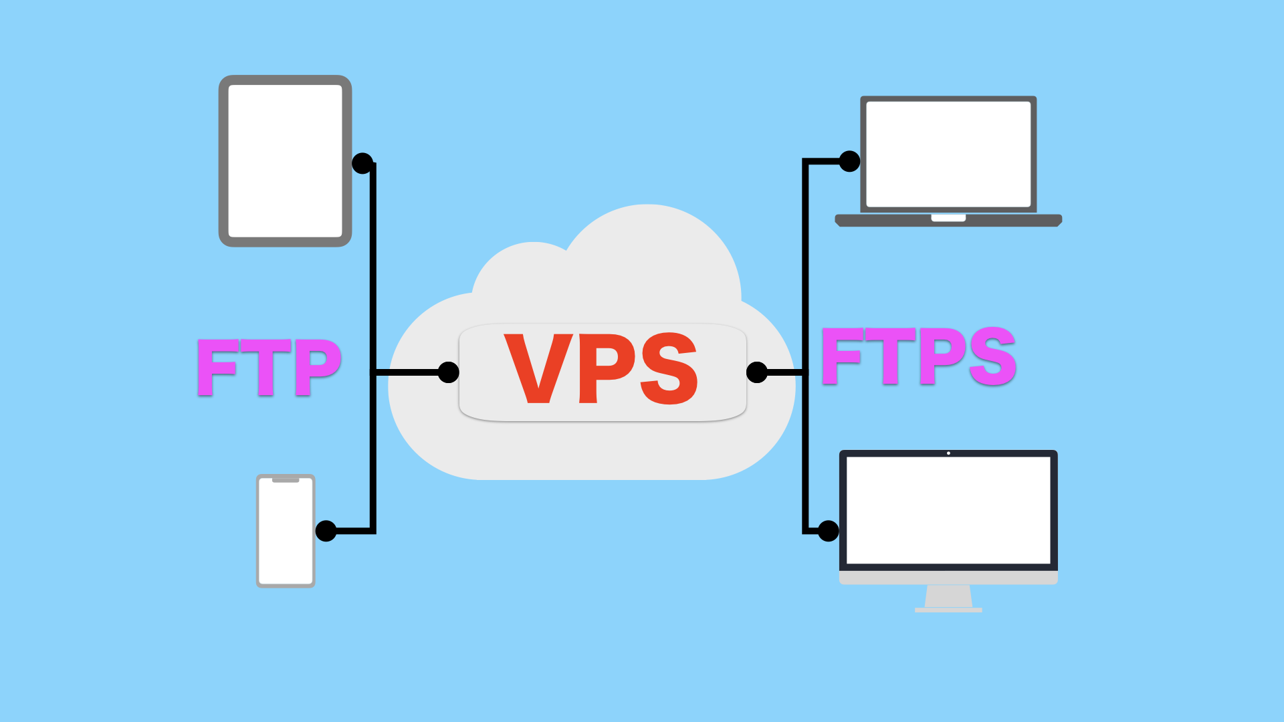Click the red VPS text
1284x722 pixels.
(x=601, y=369)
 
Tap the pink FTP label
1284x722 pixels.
(x=270, y=367)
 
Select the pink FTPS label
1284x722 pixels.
(x=918, y=356)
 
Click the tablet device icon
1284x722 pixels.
(x=286, y=161)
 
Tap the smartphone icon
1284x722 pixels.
(x=286, y=531)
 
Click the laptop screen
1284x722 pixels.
(x=948, y=154)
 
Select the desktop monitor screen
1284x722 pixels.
(x=948, y=510)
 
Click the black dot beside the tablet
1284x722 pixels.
(x=362, y=163)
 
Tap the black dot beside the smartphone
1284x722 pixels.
(x=326, y=531)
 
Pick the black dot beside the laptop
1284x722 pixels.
(x=849, y=161)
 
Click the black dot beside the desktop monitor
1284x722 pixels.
(x=828, y=531)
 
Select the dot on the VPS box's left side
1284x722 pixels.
(x=449, y=372)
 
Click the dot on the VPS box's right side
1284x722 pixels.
(x=756, y=372)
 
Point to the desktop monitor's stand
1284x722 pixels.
(x=948, y=597)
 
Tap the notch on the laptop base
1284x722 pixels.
(x=948, y=218)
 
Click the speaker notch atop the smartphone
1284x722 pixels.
(x=286, y=480)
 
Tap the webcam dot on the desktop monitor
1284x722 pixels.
(x=948, y=453)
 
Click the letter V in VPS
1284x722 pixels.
(x=538, y=369)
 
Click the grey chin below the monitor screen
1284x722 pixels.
(x=948, y=578)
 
